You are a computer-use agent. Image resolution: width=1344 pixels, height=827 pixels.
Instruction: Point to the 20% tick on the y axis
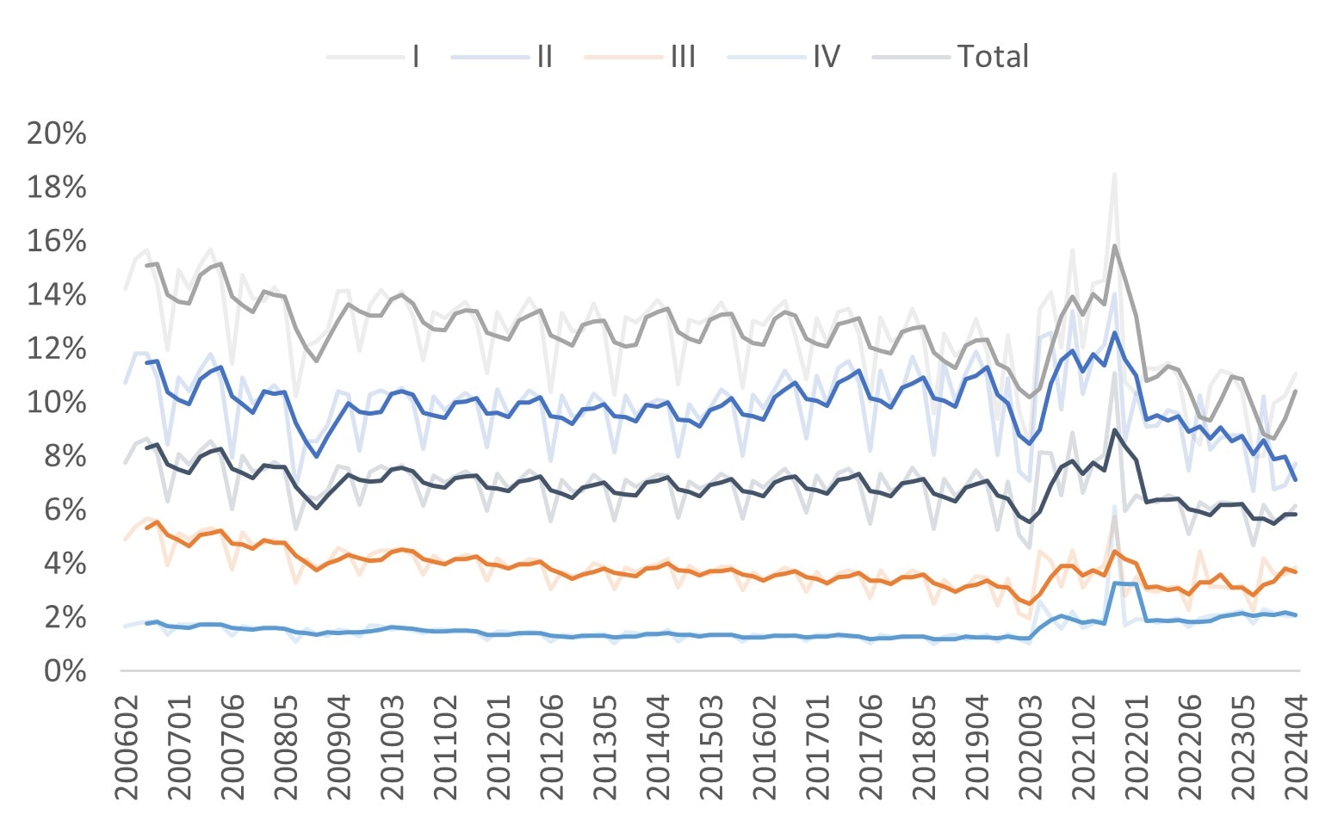pos(57,133)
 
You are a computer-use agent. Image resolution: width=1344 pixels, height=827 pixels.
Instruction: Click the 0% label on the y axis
pos(65,670)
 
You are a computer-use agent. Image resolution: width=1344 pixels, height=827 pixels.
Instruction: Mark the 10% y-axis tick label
pos(57,402)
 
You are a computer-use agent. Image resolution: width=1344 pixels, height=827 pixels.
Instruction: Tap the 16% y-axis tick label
pos(57,241)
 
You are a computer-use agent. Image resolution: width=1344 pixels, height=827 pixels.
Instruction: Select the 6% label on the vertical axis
pos(65,509)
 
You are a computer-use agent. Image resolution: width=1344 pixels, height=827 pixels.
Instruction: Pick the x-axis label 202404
pos(1298,744)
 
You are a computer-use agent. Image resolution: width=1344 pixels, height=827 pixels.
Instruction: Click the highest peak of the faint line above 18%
pos(1115,174)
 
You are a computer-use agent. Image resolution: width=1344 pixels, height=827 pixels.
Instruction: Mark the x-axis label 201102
pos(446,744)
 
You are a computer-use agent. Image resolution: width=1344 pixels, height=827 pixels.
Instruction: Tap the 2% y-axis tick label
pos(65,617)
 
